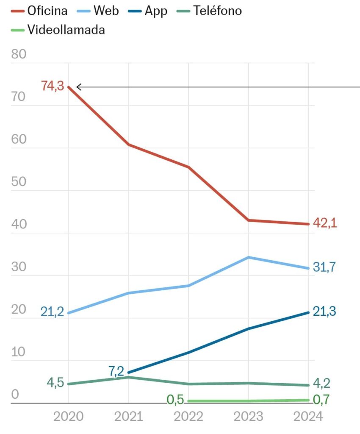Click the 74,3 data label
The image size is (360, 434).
(x=52, y=86)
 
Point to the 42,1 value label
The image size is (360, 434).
(x=325, y=223)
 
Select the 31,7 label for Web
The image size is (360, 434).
(x=325, y=268)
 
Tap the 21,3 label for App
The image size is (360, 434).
(x=325, y=312)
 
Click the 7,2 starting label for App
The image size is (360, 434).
(x=116, y=371)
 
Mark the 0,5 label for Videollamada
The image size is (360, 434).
(x=174, y=400)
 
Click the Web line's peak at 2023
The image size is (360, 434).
(x=249, y=257)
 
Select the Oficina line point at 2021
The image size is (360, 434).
(x=128, y=145)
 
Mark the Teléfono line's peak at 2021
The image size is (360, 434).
(x=128, y=377)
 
